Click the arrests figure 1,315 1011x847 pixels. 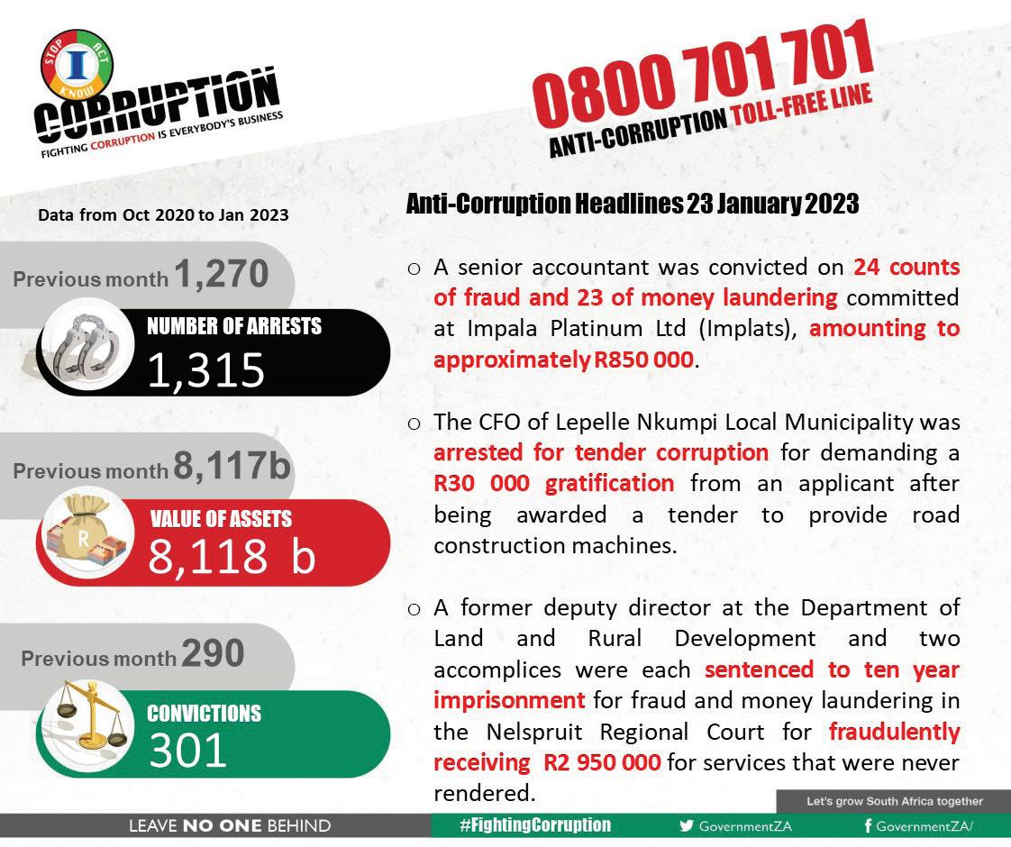pyautogui.click(x=206, y=369)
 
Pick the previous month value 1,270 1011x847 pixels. pyautogui.click(x=222, y=274)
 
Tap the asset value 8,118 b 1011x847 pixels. pyautogui.click(x=232, y=557)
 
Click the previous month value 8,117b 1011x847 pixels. pyautogui.click(x=232, y=467)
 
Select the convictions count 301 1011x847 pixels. pyautogui.click(x=187, y=750)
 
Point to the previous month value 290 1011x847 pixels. pyautogui.click(x=213, y=654)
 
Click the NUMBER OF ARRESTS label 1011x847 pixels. pyautogui.click(x=234, y=326)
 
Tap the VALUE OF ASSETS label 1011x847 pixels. pyautogui.click(x=220, y=519)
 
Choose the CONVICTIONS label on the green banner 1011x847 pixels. pyautogui.click(x=204, y=714)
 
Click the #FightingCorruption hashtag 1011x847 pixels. pyautogui.click(x=534, y=825)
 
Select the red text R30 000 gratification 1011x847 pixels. pyautogui.click(x=553, y=483)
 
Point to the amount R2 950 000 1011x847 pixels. pyautogui.click(x=602, y=762)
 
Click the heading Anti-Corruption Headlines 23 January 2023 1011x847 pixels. pyautogui.click(x=633, y=205)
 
